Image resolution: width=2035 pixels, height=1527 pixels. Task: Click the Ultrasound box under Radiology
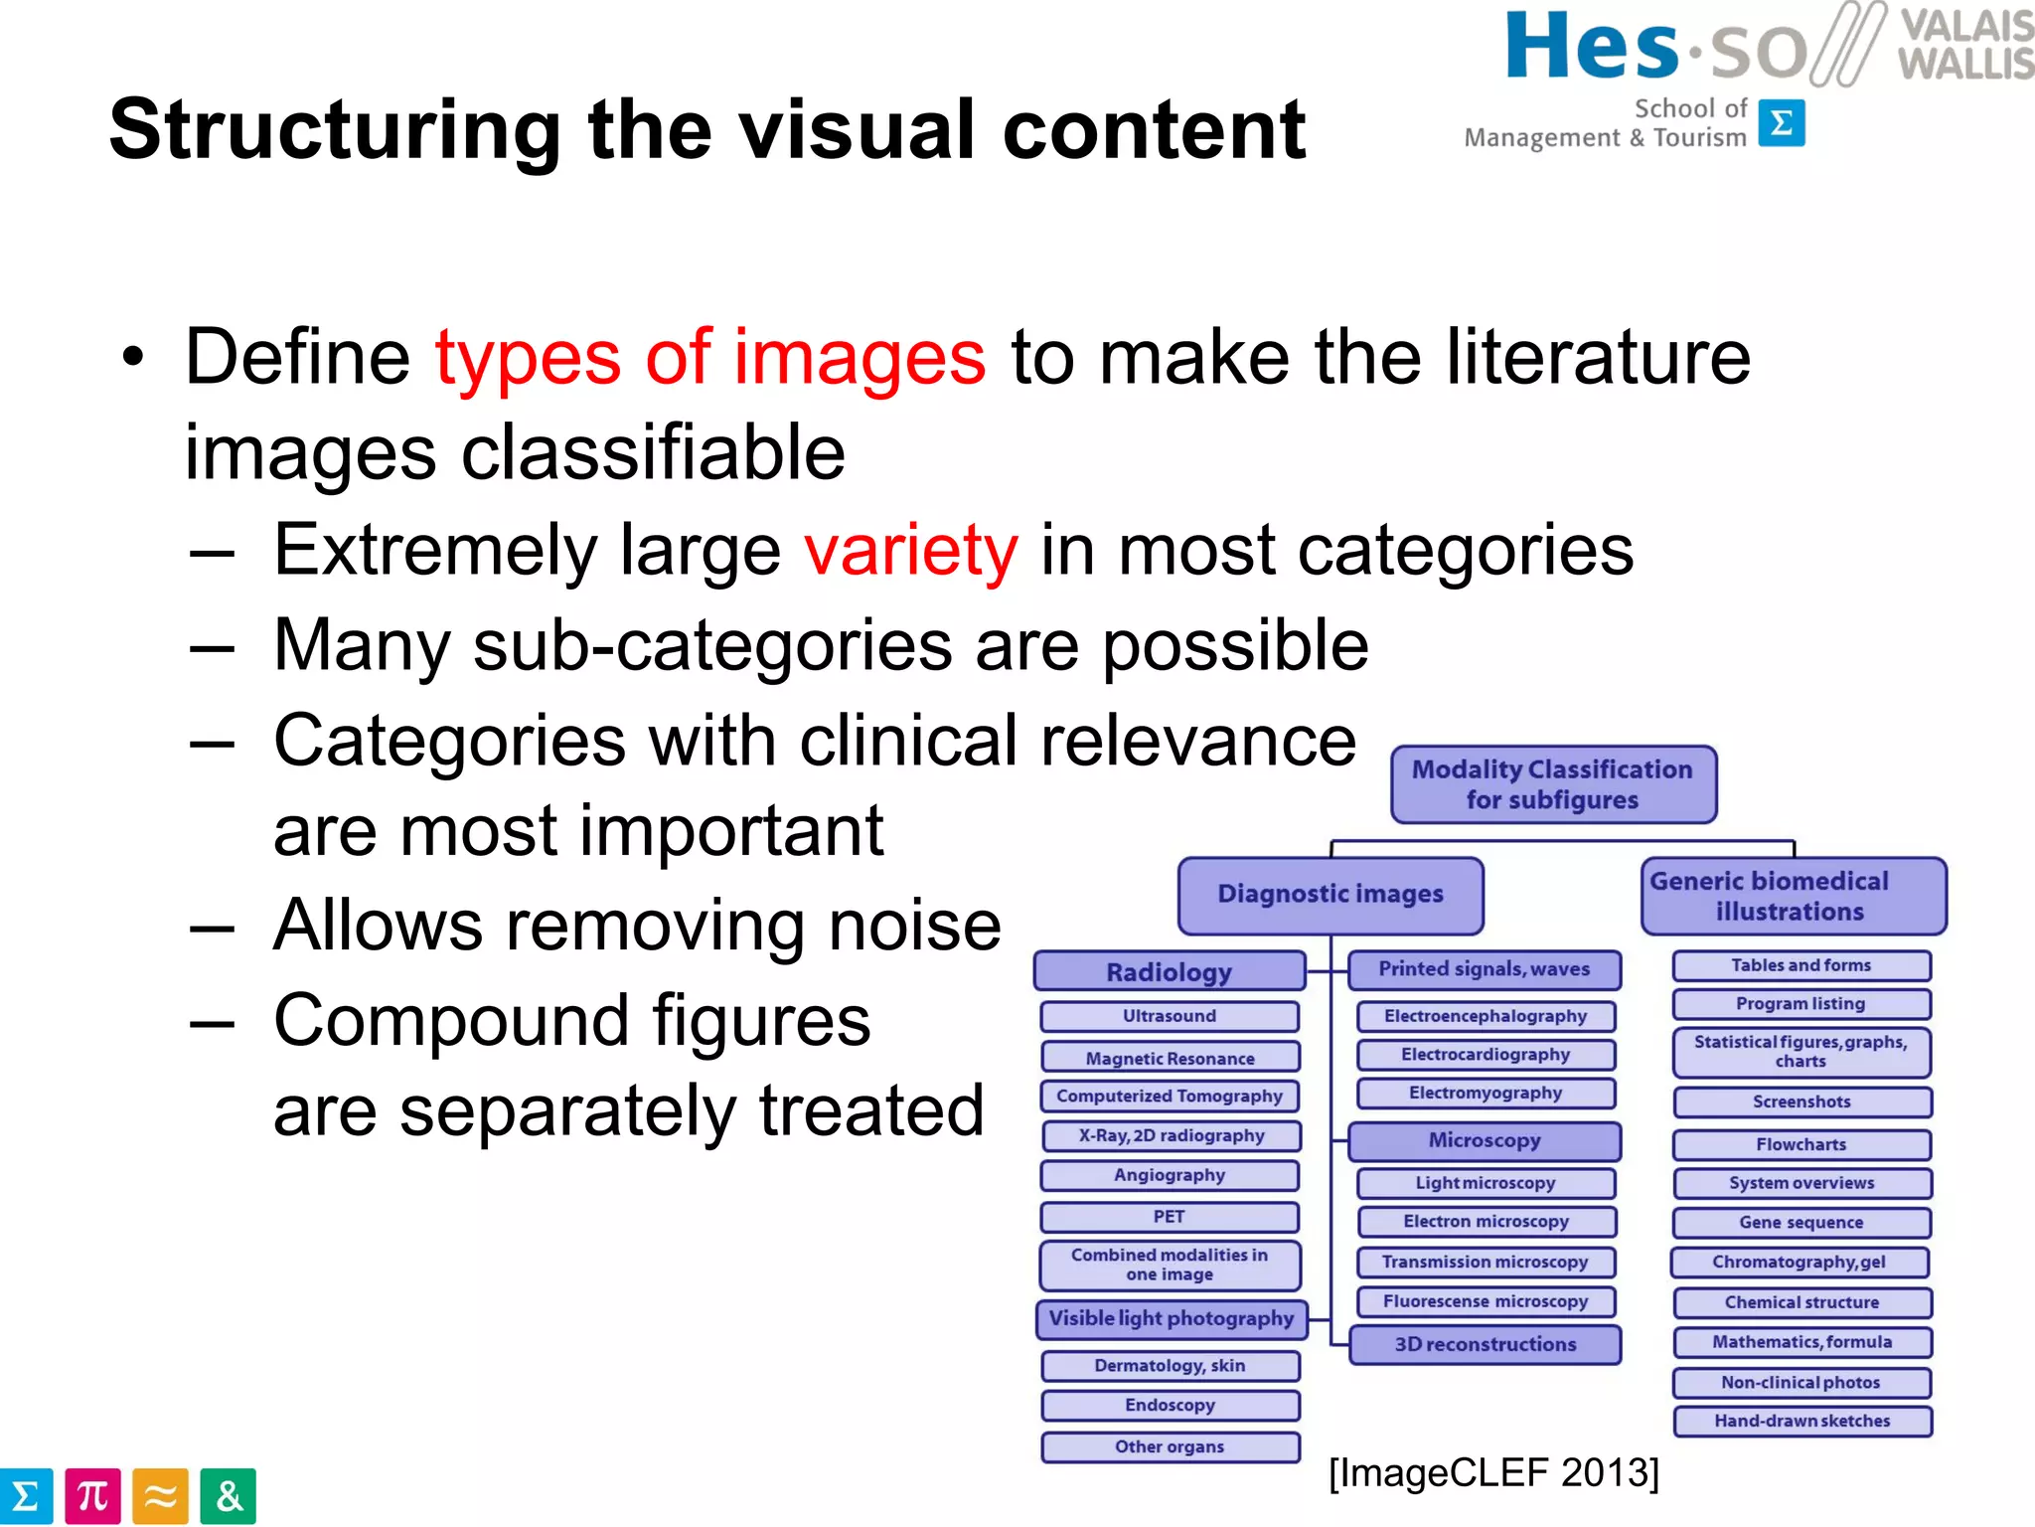point(1170,1016)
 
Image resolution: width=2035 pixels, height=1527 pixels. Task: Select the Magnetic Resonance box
point(1170,1058)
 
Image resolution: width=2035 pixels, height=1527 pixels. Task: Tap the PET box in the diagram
point(1170,1217)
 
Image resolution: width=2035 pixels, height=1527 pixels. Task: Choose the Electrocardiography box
point(1486,1055)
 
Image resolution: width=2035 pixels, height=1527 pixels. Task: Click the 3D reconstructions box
point(1486,1344)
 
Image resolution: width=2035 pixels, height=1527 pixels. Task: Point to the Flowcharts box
point(1801,1144)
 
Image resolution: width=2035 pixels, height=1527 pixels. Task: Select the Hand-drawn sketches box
point(1801,1421)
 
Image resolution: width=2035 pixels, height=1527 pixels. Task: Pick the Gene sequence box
point(1801,1223)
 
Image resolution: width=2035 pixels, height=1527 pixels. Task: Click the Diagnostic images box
point(1331,895)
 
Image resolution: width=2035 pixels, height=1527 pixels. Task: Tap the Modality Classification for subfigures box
point(1553,784)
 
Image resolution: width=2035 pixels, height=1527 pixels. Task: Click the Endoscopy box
point(1170,1405)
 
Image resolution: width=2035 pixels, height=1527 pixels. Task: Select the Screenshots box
point(1801,1102)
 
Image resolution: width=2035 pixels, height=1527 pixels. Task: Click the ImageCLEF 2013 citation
point(1493,1473)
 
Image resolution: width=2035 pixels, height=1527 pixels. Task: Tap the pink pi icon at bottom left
point(92,1496)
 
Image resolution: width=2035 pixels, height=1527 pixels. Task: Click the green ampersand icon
point(228,1496)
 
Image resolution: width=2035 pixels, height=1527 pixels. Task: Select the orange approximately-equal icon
point(160,1496)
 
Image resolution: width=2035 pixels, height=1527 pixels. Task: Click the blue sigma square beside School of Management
point(1782,123)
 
